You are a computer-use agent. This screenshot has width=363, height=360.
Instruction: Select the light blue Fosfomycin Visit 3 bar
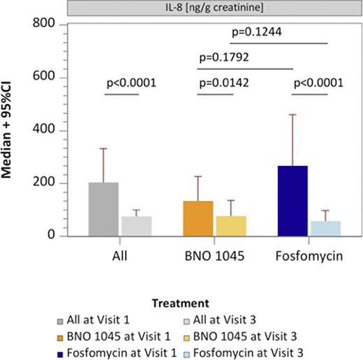(x=325, y=229)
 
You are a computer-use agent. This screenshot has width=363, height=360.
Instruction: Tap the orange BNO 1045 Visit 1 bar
(x=198, y=218)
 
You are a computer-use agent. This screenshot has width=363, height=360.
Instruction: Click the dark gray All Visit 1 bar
(x=103, y=209)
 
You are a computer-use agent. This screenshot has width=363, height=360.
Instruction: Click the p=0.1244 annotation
(x=258, y=31)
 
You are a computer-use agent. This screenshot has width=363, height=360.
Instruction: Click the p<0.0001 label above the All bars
(x=130, y=83)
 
